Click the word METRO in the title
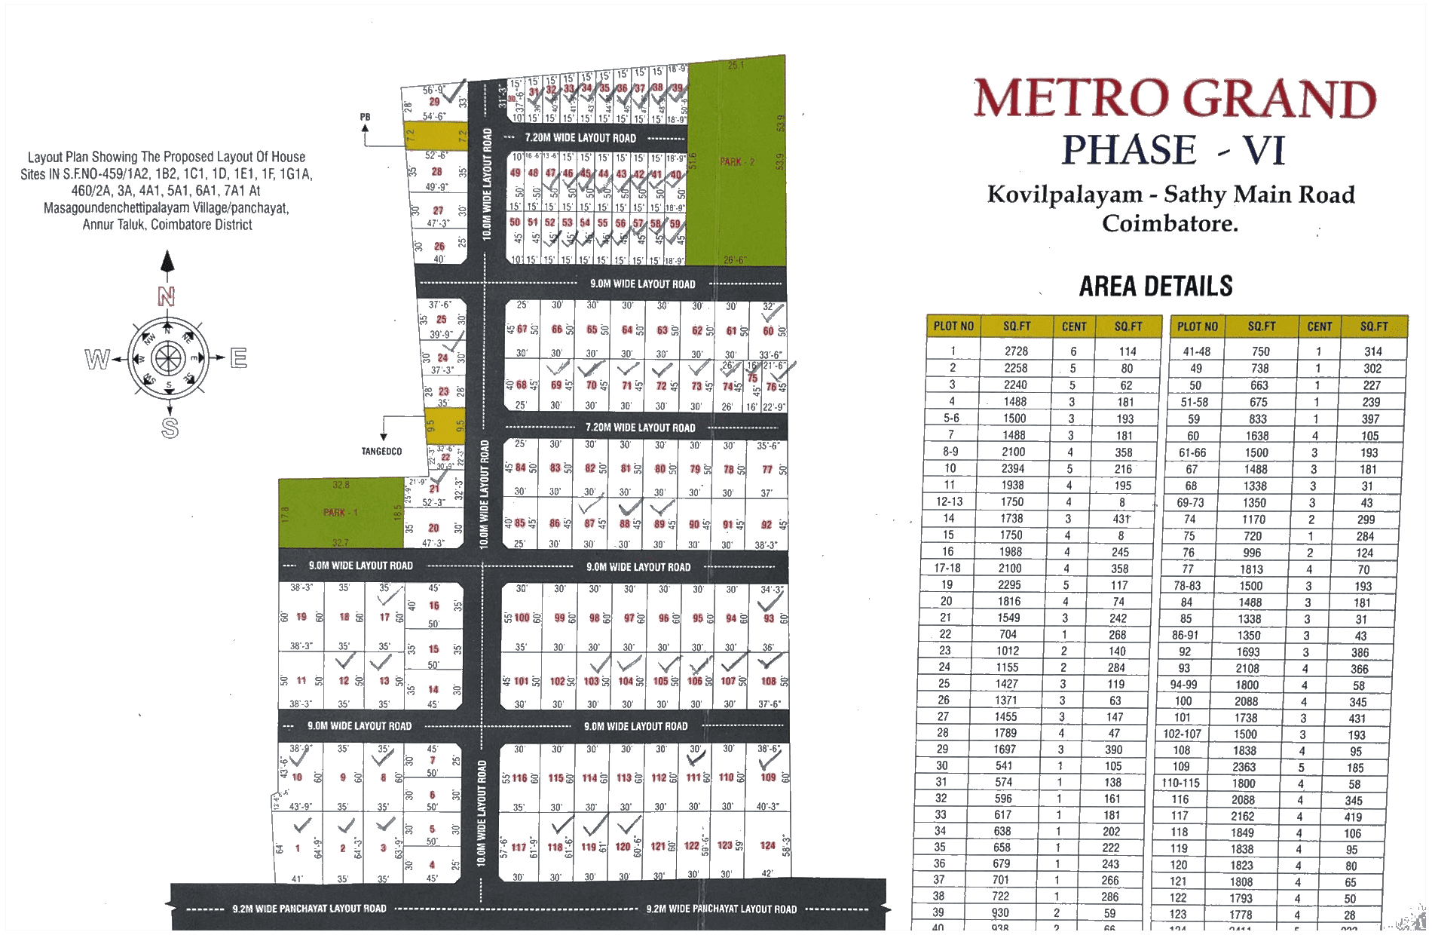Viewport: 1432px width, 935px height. click(1072, 100)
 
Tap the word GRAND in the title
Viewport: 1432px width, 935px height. click(1279, 100)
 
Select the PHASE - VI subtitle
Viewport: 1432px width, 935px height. click(1173, 149)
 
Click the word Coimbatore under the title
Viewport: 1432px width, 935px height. click(1170, 224)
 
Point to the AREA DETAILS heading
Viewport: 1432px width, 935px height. click(1156, 287)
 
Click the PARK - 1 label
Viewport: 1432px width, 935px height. click(341, 513)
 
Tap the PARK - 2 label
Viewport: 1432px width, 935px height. click(736, 161)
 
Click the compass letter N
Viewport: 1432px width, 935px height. click(167, 296)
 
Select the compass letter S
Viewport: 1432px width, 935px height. click(170, 428)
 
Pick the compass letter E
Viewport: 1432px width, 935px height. click(238, 358)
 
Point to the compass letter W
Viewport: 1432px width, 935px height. click(97, 359)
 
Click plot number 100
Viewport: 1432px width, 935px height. click(522, 618)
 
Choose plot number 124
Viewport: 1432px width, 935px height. click(768, 845)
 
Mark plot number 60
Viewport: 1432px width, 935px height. click(768, 331)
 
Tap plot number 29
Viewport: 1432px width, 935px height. click(435, 102)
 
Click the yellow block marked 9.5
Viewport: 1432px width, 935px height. click(445, 426)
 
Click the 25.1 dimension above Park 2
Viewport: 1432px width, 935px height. click(736, 66)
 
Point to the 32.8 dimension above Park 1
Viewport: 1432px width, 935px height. click(341, 485)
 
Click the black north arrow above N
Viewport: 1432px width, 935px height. click(167, 263)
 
